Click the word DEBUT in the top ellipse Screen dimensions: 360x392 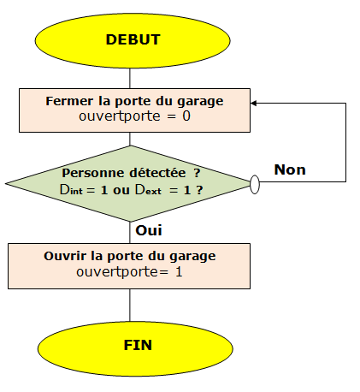point(133,39)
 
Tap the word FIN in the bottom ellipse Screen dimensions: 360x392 point(138,345)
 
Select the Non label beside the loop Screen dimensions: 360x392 point(290,169)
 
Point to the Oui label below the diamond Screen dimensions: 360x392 point(149,230)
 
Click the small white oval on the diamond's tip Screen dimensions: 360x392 point(255,185)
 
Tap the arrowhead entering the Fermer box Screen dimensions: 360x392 point(253,104)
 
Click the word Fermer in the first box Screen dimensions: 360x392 point(69,101)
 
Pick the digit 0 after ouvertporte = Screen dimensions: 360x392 point(186,116)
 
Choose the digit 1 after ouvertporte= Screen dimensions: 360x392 point(179,271)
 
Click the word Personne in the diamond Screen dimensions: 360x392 point(93,173)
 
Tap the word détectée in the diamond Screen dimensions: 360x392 point(157,173)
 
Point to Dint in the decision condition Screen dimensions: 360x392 point(71,190)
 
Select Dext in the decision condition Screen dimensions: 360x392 point(148,190)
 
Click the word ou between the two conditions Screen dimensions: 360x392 point(121,191)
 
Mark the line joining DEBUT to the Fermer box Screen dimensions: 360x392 point(130,78)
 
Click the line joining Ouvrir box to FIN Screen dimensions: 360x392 point(130,306)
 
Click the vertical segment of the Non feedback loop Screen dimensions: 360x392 point(345,142)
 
